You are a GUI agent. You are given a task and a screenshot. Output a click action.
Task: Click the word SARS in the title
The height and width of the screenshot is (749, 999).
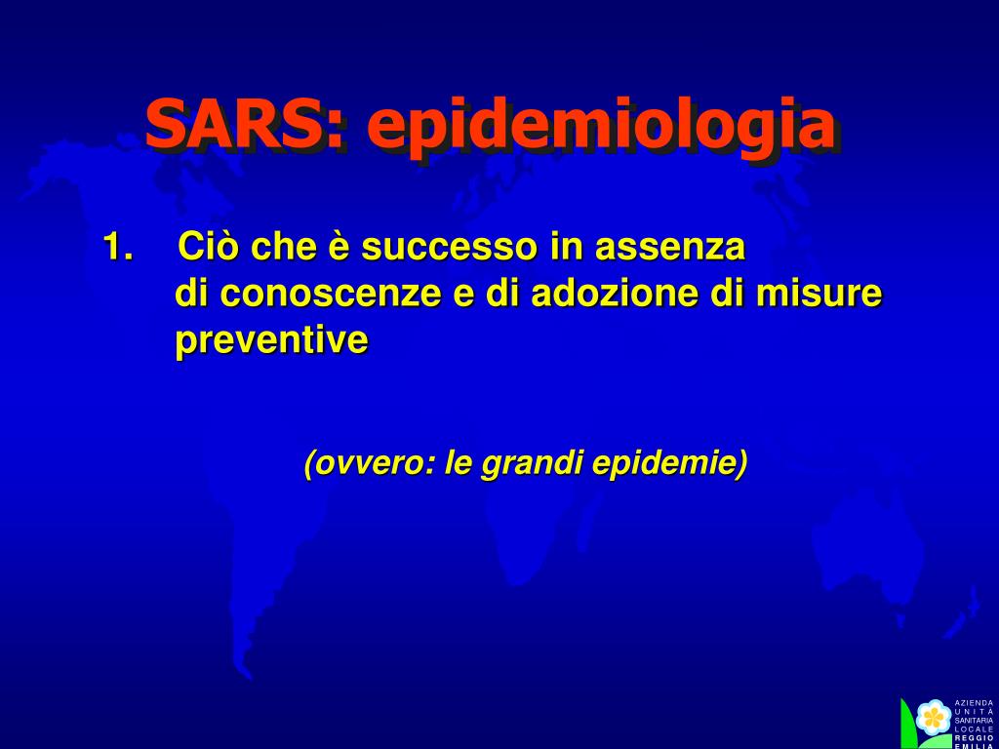click(238, 124)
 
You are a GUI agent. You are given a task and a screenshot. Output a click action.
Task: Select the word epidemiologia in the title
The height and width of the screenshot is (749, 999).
click(600, 128)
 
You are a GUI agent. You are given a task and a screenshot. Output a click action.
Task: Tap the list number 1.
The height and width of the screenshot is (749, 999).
click(118, 247)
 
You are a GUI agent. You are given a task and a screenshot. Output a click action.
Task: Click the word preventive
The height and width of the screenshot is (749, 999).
click(271, 340)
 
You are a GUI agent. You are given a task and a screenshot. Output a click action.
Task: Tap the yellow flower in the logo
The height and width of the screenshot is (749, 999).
click(934, 718)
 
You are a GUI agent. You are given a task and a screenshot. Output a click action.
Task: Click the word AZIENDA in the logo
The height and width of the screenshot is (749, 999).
click(975, 703)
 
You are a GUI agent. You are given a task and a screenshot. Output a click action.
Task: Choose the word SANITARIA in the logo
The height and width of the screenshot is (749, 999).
click(975, 721)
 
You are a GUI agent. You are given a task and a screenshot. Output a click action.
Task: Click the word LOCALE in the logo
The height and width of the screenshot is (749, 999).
click(975, 729)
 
